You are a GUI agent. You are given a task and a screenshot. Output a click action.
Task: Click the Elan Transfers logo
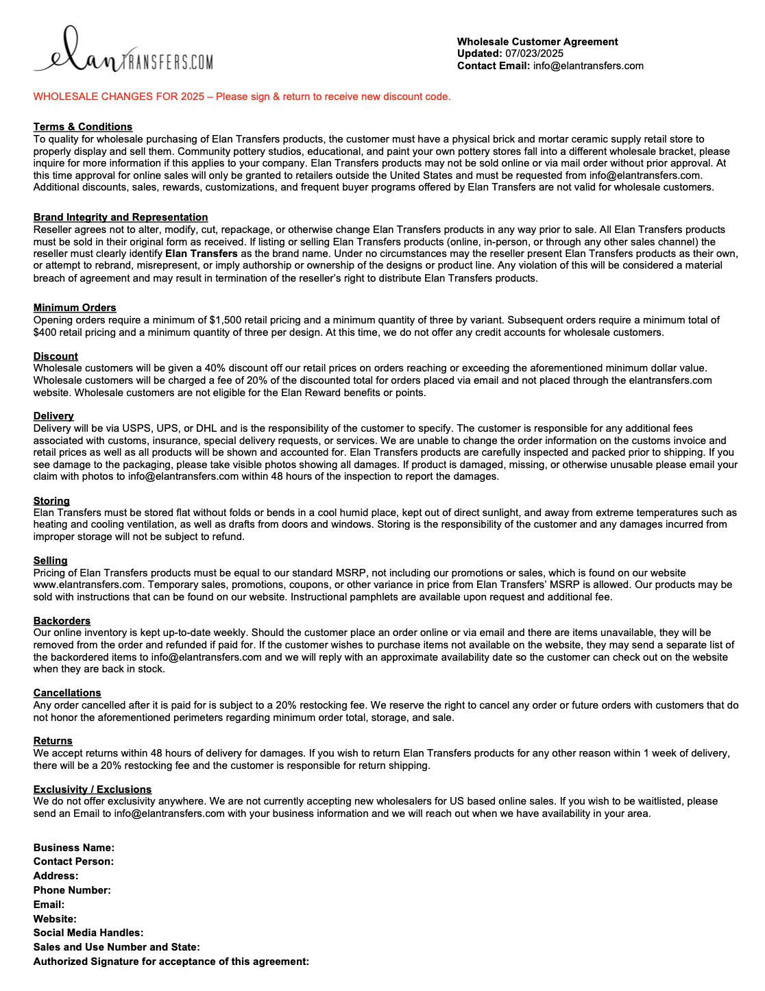tap(123, 51)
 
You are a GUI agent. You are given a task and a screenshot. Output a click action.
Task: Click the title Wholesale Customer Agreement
tap(537, 42)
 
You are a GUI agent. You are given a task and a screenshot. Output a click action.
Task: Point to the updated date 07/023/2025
tap(534, 53)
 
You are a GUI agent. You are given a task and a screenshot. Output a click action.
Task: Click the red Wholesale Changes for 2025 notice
tap(242, 97)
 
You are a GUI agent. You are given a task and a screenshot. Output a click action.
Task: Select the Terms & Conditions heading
tap(83, 127)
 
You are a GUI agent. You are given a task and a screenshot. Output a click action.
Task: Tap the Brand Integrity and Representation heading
tap(121, 217)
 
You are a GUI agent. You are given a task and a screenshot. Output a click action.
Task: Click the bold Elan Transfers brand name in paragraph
tap(202, 254)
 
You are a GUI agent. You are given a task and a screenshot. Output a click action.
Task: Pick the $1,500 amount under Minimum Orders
tap(226, 320)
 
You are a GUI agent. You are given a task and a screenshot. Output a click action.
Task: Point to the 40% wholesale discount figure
tap(204, 368)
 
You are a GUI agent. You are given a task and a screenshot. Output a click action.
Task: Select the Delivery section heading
tap(53, 416)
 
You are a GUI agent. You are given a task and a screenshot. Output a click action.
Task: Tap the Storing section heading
tap(51, 501)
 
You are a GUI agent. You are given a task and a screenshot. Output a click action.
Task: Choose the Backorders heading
tap(62, 621)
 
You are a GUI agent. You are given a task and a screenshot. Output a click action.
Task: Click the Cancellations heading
tap(67, 693)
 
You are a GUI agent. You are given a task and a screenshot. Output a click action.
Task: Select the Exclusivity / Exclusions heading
tap(93, 790)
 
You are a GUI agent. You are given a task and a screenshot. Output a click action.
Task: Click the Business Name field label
tap(74, 848)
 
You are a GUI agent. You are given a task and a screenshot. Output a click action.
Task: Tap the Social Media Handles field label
tap(88, 933)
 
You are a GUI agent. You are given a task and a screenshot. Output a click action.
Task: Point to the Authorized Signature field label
tap(171, 962)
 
